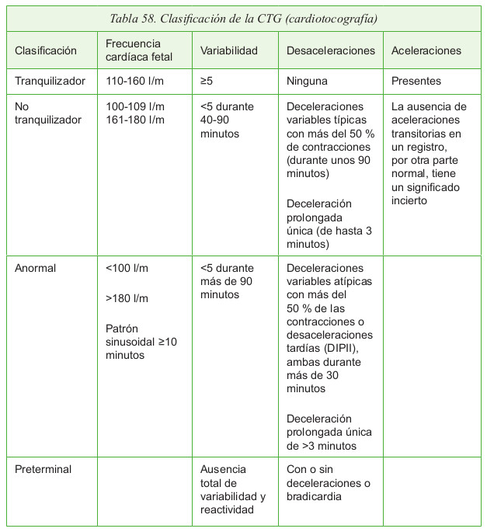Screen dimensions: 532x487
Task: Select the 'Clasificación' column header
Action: (x=46, y=50)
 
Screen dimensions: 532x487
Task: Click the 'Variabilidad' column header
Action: (x=228, y=50)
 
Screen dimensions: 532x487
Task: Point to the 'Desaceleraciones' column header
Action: (x=330, y=50)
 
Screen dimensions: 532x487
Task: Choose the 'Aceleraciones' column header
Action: (x=426, y=50)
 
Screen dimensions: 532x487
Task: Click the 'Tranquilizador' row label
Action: (x=50, y=80)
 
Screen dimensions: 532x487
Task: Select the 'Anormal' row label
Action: (x=36, y=268)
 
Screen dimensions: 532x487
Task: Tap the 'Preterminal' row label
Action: (x=43, y=469)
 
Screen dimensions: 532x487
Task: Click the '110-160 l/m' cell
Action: (x=135, y=80)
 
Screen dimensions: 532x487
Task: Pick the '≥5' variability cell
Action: (x=207, y=80)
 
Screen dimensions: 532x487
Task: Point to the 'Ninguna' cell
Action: (x=307, y=80)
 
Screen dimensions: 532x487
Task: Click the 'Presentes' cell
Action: (x=416, y=80)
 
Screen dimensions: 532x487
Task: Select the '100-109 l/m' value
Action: (x=135, y=106)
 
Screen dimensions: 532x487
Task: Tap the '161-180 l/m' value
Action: (x=135, y=120)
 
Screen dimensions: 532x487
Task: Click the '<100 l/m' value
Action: (x=127, y=268)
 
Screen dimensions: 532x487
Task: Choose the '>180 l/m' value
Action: (x=127, y=298)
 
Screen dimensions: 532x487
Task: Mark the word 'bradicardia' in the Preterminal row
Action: (x=316, y=496)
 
